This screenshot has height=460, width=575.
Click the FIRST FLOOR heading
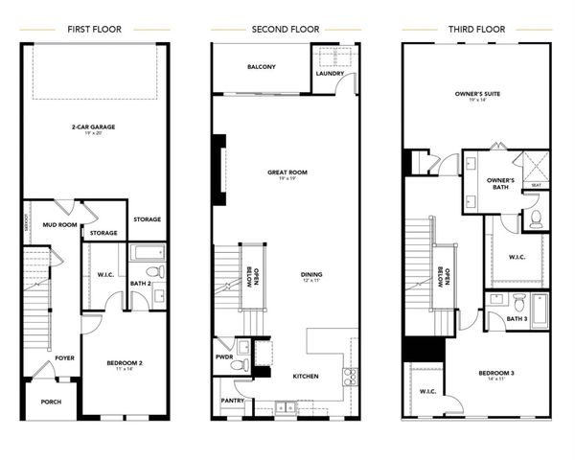click(x=94, y=29)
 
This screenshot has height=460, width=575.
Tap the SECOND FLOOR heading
click(x=285, y=29)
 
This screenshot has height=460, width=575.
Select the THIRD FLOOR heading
click(x=475, y=29)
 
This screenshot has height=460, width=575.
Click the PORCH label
click(x=51, y=402)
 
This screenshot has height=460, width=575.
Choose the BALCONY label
click(x=262, y=67)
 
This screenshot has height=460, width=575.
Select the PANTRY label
click(x=233, y=401)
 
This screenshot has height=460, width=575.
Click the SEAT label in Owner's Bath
click(x=537, y=185)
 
